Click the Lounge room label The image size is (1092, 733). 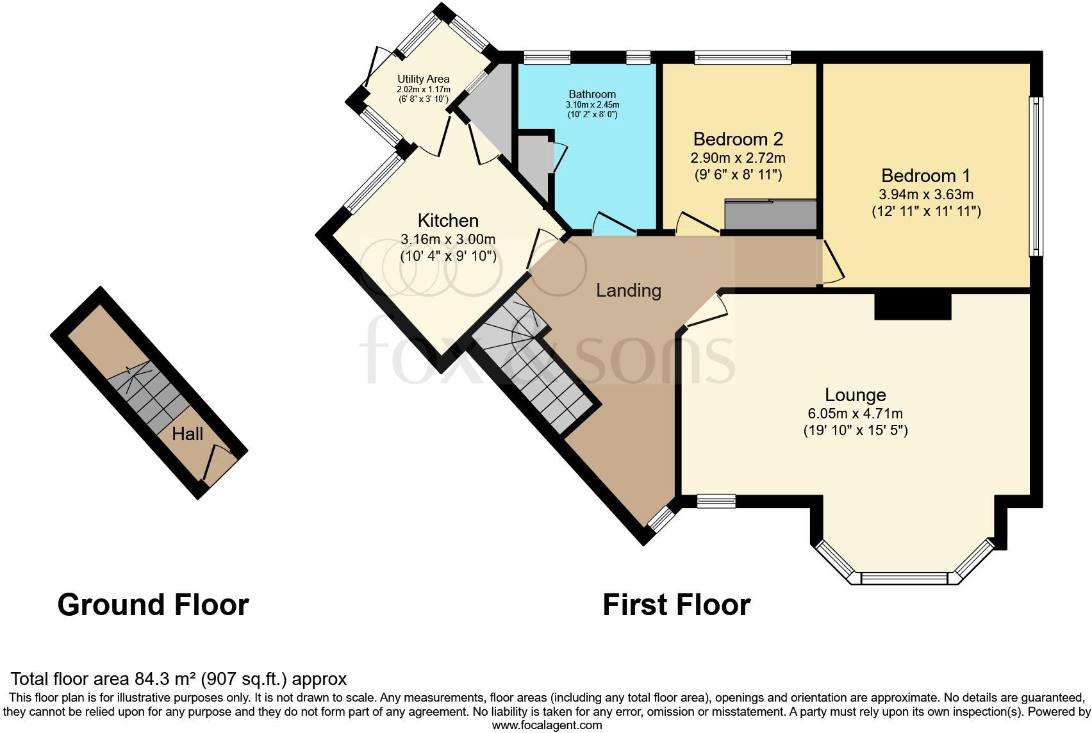[x=855, y=395]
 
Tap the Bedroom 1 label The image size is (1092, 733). [x=925, y=176]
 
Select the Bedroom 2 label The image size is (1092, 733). [x=738, y=139]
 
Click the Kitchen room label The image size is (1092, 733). [x=448, y=221]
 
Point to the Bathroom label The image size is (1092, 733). [x=592, y=94]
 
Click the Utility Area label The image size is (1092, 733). [x=423, y=79]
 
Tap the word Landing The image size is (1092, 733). [x=628, y=291]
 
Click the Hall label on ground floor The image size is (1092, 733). [x=187, y=434]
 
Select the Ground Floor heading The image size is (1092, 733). [x=153, y=605]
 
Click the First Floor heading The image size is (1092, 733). [x=676, y=605]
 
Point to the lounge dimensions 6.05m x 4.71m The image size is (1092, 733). [x=855, y=415]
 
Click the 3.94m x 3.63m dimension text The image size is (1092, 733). [x=925, y=195]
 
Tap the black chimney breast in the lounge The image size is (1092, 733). [x=913, y=306]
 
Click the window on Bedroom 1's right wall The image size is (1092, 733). [x=1036, y=176]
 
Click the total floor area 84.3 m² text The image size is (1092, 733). [x=179, y=679]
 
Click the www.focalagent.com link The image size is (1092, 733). [x=547, y=725]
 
